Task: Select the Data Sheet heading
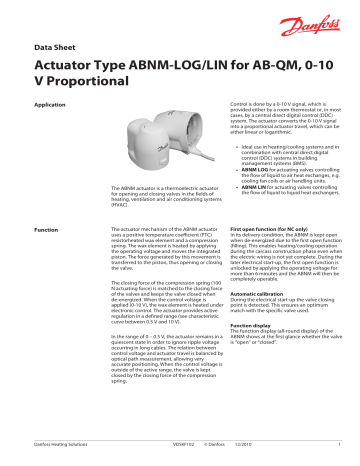(56, 47)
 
